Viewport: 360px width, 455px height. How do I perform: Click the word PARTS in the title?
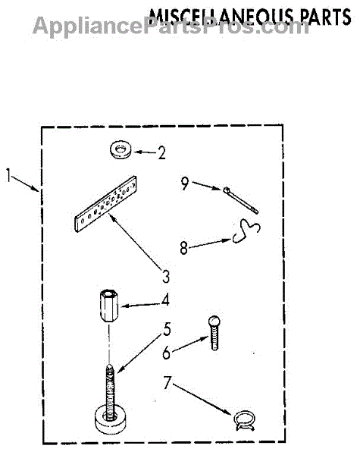click(326, 17)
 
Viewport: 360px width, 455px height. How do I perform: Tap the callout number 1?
click(9, 175)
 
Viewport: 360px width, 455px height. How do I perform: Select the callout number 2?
click(162, 153)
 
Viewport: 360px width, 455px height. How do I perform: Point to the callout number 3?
click(166, 276)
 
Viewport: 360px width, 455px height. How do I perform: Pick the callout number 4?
click(165, 300)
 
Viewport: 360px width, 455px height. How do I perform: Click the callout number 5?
click(167, 329)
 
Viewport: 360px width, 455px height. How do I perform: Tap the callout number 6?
click(166, 353)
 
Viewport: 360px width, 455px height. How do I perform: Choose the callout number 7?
click(167, 383)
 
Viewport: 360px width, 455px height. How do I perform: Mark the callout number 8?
click(183, 249)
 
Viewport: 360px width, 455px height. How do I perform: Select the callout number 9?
click(185, 184)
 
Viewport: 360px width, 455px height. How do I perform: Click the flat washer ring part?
click(121, 150)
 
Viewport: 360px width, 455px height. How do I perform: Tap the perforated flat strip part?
click(106, 204)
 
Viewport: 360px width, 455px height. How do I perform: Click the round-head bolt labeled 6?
click(214, 333)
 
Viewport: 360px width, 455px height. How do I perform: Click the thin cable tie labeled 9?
click(240, 200)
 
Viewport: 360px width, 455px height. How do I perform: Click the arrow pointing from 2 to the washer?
click(145, 152)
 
